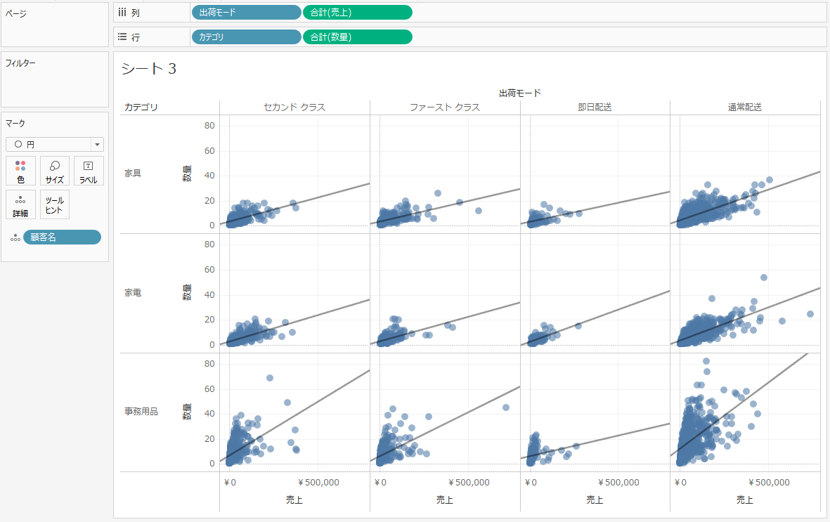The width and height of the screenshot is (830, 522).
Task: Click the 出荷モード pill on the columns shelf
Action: tap(245, 12)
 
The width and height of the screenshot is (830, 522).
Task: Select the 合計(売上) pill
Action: tap(357, 12)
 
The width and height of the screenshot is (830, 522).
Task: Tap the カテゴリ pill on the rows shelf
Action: tap(245, 37)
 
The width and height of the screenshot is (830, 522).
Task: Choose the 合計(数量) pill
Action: tap(357, 37)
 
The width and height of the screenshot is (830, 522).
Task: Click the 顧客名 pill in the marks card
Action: tap(62, 237)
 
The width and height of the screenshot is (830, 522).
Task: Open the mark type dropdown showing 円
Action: tap(55, 144)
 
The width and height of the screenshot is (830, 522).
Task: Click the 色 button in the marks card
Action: tap(20, 171)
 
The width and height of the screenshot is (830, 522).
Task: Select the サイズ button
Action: tap(55, 171)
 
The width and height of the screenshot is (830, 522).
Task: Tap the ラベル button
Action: tap(89, 171)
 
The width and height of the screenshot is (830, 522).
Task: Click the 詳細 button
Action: tap(20, 204)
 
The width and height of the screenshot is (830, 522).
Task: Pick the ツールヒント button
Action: tap(55, 204)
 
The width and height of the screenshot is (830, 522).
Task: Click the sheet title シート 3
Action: tap(148, 69)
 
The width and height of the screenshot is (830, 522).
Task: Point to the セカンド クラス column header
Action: tap(294, 107)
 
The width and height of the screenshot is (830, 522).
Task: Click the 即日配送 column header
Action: tap(595, 107)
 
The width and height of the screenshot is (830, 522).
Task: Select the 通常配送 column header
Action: tap(745, 107)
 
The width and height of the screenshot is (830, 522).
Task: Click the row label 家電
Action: tap(133, 292)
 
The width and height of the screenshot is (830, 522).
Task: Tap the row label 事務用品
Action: tap(141, 412)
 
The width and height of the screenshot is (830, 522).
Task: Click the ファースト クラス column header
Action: tap(445, 107)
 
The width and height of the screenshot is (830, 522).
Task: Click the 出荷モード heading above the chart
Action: tap(519, 93)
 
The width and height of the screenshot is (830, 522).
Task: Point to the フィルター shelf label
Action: tap(20, 63)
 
